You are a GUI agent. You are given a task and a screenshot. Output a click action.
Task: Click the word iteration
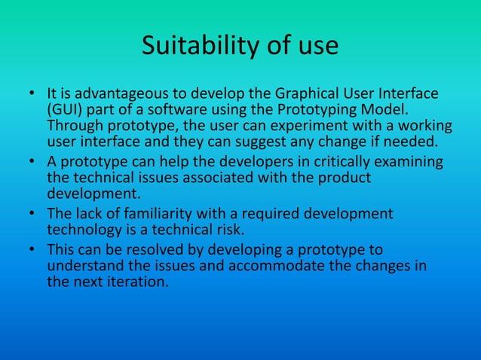[x=143, y=283]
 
